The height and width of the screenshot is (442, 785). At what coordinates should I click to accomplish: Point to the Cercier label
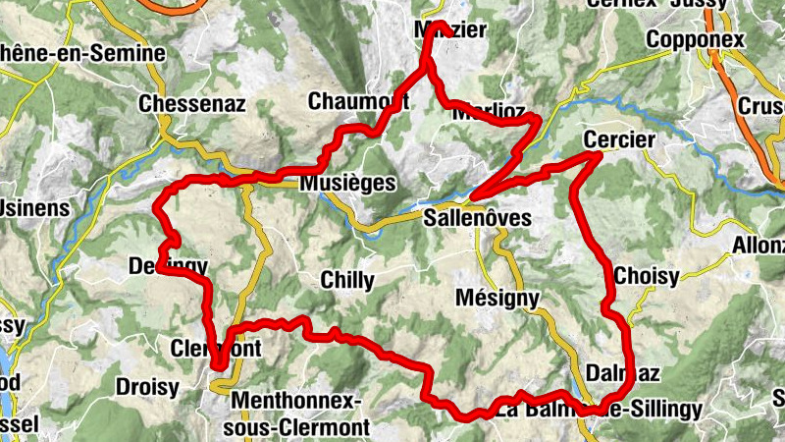point(618,139)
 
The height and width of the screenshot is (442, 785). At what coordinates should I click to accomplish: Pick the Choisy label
point(647,277)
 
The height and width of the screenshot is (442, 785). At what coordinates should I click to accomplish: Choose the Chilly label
point(347,281)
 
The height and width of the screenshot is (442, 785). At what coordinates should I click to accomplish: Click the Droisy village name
point(147,386)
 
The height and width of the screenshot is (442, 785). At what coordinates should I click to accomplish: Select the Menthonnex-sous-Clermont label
point(299,414)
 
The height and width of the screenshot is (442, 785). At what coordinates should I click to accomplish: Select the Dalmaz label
point(622,372)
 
